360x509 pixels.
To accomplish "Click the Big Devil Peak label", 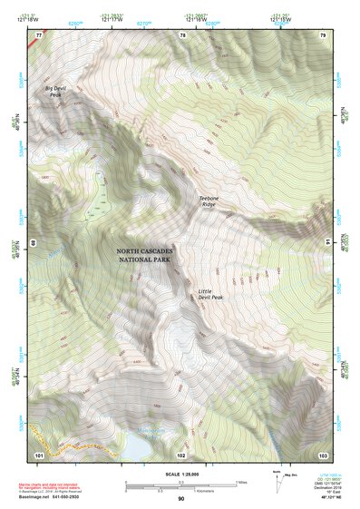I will coord(54,92).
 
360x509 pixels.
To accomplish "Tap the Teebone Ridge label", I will coord(211,201).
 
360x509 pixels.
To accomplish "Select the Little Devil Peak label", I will coord(211,295).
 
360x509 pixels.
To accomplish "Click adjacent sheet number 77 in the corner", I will coord(38,35).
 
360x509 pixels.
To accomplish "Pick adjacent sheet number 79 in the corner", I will coord(323,35).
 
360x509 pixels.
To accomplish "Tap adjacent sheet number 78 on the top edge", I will coord(182,35).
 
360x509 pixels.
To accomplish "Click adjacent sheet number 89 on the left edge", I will coord(34,243).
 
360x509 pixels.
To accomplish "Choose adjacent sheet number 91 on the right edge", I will coord(326,242).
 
